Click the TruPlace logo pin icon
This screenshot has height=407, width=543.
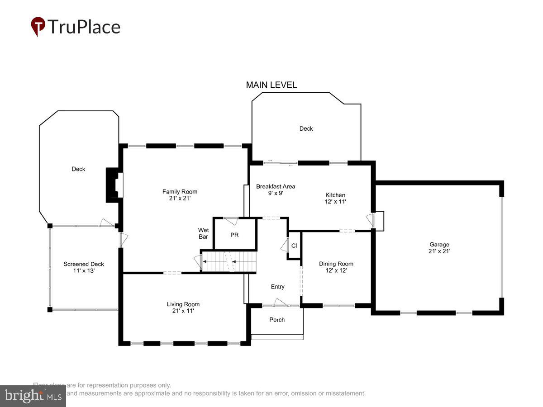coord(38,26)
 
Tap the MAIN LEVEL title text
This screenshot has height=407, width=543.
coord(271,85)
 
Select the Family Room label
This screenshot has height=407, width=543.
coord(180,192)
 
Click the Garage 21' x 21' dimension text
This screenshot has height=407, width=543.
coord(439,251)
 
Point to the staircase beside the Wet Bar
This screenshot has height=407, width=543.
coord(229,261)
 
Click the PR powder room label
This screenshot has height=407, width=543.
coord(234,235)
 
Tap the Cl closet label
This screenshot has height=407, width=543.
coord(294,246)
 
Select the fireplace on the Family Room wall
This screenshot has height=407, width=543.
coord(114,185)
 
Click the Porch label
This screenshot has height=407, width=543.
coord(277,320)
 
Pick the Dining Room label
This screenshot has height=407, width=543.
coord(336,264)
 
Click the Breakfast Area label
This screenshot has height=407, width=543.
coord(276,186)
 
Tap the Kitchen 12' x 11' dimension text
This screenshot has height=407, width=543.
coord(335,202)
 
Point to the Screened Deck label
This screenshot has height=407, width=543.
coord(84,264)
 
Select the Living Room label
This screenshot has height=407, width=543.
coord(183,304)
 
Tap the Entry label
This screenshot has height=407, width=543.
coord(277,287)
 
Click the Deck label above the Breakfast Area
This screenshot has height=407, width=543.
coord(306,129)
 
